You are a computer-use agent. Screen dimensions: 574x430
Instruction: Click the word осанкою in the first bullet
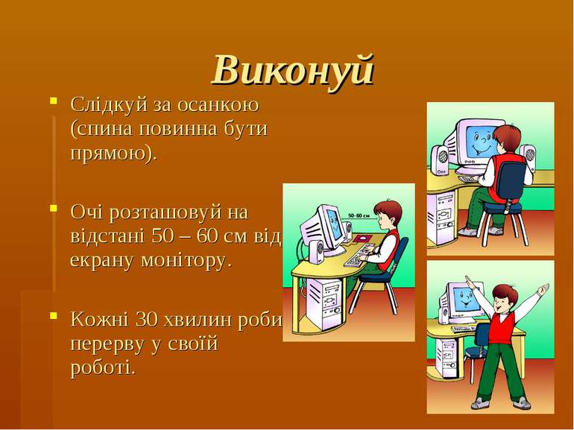tap(218, 104)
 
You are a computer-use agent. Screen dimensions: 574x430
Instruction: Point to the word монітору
tap(183, 261)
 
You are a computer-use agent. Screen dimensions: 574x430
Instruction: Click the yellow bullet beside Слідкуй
tap(54, 101)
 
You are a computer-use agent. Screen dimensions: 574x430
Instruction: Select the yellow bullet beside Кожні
tap(54, 315)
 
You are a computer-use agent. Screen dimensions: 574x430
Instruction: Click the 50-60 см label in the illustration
tap(359, 216)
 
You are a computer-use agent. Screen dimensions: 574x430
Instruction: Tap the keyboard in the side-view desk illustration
tap(358, 256)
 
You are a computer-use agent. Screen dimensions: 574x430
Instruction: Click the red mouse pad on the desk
tap(363, 239)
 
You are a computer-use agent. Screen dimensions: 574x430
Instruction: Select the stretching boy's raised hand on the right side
tap(544, 288)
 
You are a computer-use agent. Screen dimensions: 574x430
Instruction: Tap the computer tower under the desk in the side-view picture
tap(325, 299)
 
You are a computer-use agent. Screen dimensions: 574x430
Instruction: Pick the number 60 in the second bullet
tap(207, 237)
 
